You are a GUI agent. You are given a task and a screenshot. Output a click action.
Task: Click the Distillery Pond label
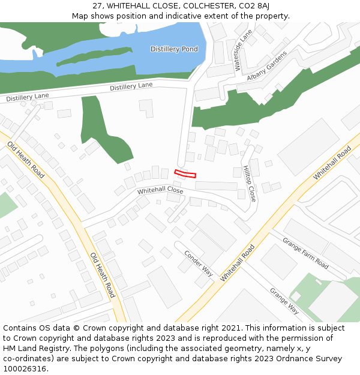point(173,49)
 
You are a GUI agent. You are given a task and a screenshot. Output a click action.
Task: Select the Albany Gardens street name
point(268,68)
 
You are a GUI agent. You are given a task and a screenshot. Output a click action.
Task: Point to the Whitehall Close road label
point(160,191)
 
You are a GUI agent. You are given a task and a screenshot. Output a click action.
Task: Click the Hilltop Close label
point(249,183)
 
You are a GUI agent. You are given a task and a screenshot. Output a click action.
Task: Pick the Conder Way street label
point(199,262)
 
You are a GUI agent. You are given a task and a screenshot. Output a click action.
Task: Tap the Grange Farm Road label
point(305,254)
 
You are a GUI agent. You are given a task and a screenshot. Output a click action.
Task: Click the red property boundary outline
point(185,174)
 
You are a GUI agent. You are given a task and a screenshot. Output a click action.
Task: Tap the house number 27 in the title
point(98,5)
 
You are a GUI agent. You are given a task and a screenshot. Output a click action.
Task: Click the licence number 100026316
point(24,369)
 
